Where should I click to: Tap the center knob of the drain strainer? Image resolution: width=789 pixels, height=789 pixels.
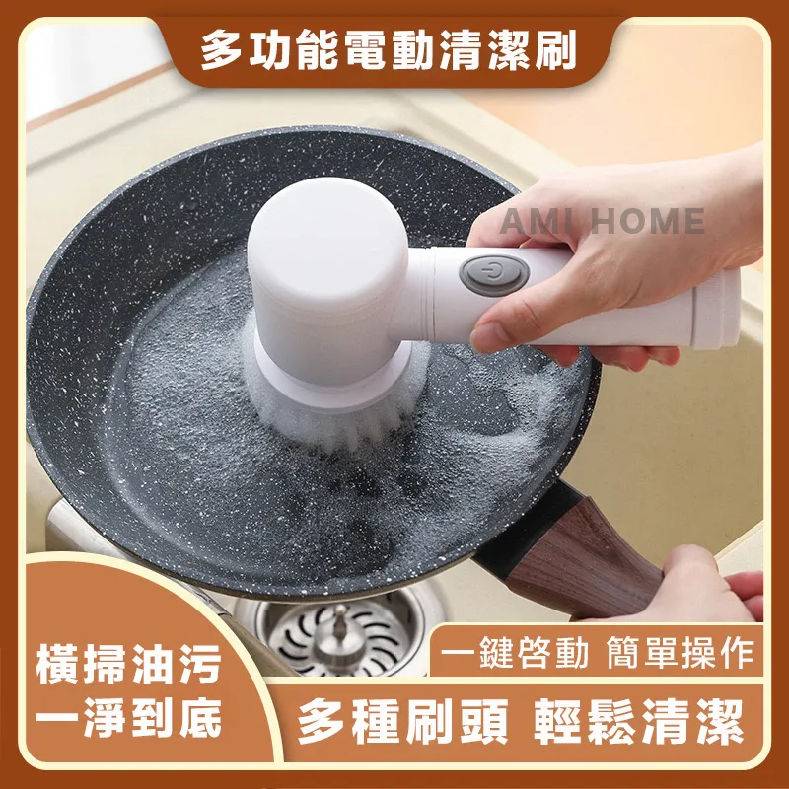338,621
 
